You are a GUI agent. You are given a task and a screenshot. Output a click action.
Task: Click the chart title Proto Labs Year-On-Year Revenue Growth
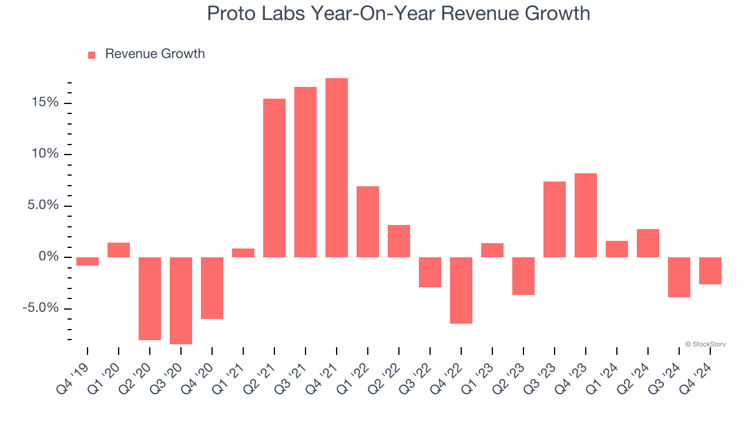coord(398,13)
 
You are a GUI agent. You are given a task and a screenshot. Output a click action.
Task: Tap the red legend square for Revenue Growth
coord(92,55)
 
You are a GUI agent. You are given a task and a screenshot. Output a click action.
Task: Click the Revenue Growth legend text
coord(155,54)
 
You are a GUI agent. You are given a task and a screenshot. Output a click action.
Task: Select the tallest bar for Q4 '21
coord(336,167)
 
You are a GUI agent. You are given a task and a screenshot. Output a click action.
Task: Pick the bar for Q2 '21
coord(274,177)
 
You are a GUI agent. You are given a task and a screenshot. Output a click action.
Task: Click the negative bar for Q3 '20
coord(181,300)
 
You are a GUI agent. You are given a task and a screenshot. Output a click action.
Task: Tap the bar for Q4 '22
coord(461,290)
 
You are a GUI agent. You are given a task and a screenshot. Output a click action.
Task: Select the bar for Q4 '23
coord(586,215)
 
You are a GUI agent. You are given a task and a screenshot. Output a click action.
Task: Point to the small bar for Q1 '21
coord(243,253)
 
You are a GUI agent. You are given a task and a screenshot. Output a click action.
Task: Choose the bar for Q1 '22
coord(368,221)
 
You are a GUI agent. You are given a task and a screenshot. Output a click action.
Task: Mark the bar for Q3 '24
coord(679,277)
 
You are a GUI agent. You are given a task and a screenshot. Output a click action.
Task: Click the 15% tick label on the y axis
coord(45,103)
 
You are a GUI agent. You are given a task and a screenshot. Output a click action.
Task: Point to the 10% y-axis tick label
coord(45,155)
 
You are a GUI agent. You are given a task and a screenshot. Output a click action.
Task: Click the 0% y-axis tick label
coord(49,257)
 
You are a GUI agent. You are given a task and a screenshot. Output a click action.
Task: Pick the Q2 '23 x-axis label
coord(509,370)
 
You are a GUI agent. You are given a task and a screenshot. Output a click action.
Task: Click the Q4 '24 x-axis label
coord(696,370)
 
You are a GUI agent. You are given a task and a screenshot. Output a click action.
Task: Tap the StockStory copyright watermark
coord(706,344)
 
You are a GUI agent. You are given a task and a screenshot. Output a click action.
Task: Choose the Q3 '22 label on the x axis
coord(416,370)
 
